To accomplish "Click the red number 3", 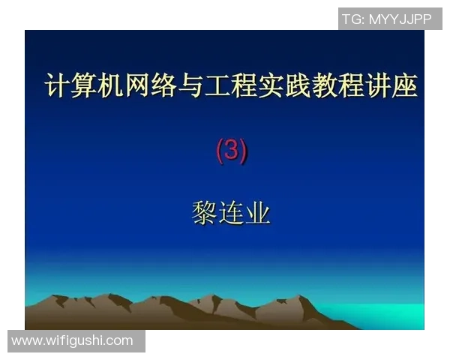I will tap(232, 151).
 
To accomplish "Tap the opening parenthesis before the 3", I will tap(220, 151).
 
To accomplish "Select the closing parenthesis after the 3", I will tap(244, 151).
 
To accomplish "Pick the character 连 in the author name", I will tap(231, 213).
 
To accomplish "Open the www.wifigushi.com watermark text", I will tap(73, 340).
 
